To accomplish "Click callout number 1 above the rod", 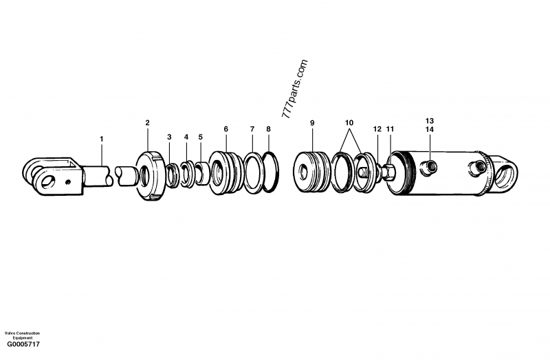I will [x=102, y=139].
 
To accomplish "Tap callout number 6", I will [x=225, y=128].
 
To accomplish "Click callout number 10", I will [x=349, y=122].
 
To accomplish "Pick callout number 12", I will [x=377, y=128].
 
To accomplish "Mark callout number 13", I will [x=430, y=120].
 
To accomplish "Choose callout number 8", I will [x=268, y=128].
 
